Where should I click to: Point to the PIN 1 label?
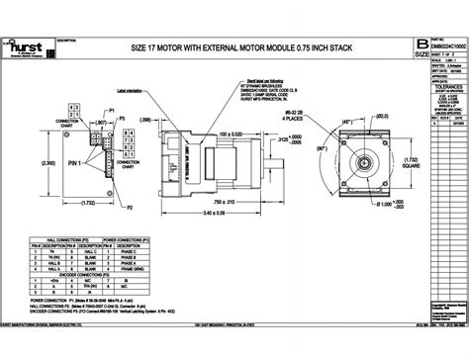pos(70,188)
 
